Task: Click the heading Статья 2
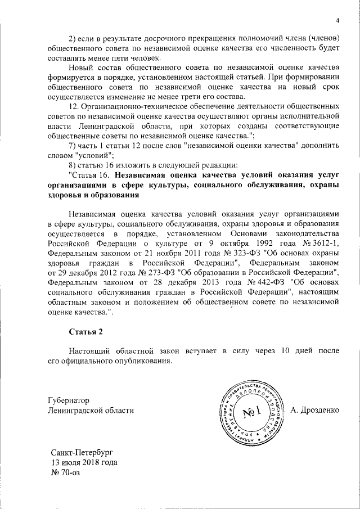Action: coord(86,330)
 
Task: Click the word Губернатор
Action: coord(69,400)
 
